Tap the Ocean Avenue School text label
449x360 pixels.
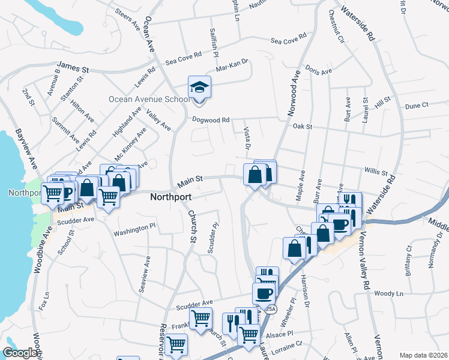149,99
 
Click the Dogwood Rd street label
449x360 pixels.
211,119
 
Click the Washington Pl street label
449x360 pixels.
134,230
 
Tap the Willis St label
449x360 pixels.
376,172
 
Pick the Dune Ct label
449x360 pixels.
416,106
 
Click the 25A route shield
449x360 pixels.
270,308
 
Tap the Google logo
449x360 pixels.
20,353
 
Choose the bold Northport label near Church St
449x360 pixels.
170,197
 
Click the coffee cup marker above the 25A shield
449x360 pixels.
263,293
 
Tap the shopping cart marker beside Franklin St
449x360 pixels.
200,318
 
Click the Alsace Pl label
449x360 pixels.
281,333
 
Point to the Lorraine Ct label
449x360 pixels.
286,346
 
